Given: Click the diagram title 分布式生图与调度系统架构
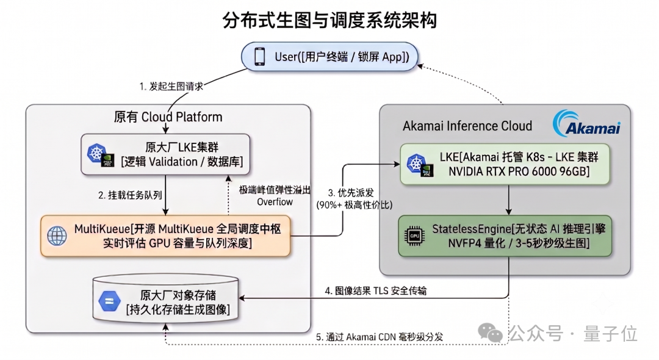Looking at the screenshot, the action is (329, 20).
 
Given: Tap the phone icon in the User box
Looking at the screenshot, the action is (260, 57).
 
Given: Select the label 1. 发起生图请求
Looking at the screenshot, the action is (171, 86).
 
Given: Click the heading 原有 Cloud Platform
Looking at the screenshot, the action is (168, 117).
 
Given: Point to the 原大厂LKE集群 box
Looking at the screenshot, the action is (165, 154).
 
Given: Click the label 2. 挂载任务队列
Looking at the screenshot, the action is (130, 195).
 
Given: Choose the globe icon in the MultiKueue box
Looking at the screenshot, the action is (57, 236).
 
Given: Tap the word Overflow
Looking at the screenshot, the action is (275, 202).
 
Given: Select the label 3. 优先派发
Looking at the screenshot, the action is (350, 193).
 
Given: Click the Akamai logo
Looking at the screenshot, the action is (587, 124).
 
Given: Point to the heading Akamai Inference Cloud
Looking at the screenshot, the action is (467, 126).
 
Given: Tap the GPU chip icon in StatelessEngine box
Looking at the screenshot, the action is (414, 236).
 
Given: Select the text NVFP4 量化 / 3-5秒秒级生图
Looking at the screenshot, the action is (519, 243).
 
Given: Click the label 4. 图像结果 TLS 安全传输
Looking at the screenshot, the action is (376, 290).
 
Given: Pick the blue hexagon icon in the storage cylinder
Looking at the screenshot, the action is (109, 301).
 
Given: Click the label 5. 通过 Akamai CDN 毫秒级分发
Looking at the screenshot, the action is (380, 337).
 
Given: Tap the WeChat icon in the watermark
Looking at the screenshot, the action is (490, 333).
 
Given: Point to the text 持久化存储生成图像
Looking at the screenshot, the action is (178, 310).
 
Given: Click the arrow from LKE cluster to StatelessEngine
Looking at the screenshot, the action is (508, 200).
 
